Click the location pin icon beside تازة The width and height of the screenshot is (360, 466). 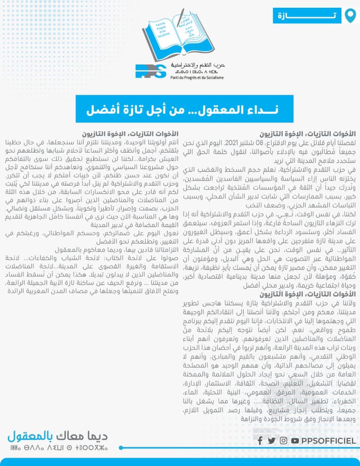349,16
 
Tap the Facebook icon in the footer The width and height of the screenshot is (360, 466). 260,441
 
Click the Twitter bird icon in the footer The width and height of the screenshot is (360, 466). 272,441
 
